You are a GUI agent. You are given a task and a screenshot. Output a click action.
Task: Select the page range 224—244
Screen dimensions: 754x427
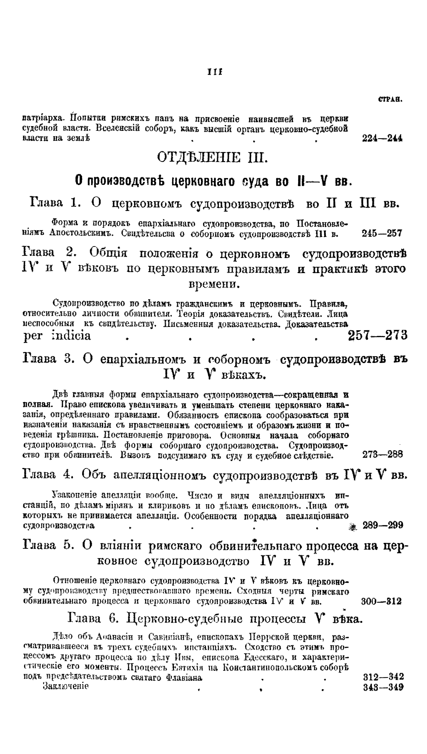[382, 138]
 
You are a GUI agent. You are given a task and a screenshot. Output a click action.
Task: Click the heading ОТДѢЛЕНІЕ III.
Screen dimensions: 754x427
[213, 158]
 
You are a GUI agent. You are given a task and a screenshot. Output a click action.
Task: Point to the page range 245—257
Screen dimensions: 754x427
[382, 234]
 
